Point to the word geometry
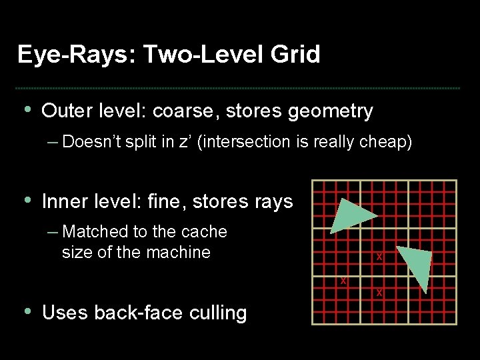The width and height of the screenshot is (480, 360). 331,111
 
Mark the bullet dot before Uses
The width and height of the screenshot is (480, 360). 27,311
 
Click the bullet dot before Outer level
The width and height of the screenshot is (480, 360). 27,109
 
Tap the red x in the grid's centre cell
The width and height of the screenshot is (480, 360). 379,257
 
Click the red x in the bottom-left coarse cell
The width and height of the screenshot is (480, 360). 343,280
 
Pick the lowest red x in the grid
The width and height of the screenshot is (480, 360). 379,293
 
